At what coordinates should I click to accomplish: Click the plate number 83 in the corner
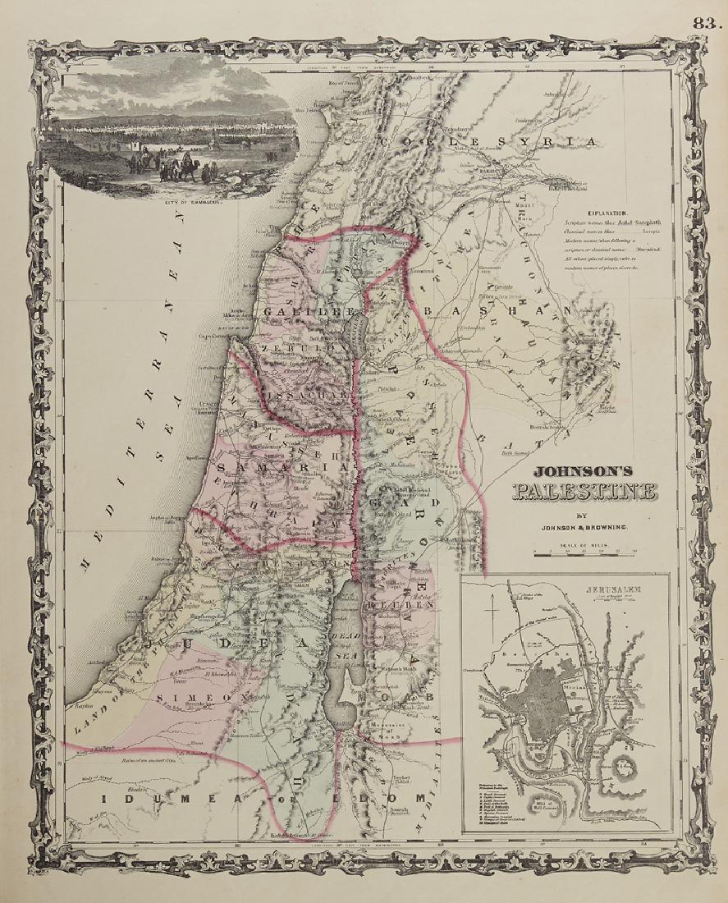(705, 23)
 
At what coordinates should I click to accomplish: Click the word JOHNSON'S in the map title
(584, 473)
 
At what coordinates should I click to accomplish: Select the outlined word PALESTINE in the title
(584, 493)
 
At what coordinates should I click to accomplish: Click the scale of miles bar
(584, 554)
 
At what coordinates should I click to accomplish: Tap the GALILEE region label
(308, 313)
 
